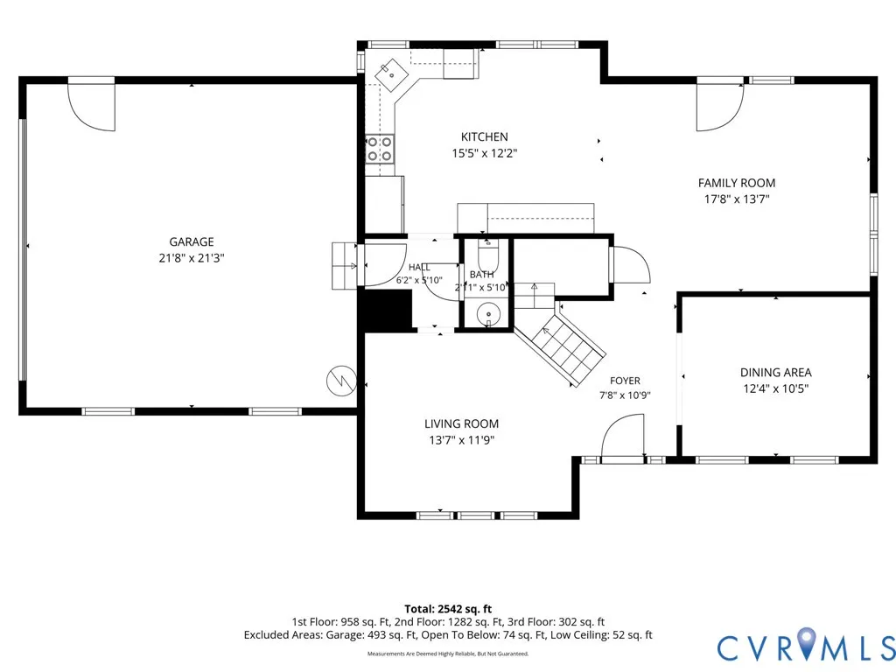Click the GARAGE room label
pyautogui.click(x=192, y=241)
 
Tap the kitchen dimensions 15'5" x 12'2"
pyautogui.click(x=485, y=153)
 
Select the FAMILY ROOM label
pyautogui.click(x=737, y=183)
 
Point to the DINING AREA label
pyautogui.click(x=775, y=373)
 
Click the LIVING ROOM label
pyautogui.click(x=461, y=424)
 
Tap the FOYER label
pyautogui.click(x=625, y=381)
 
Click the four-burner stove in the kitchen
pyautogui.click(x=380, y=149)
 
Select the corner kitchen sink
pyautogui.click(x=391, y=74)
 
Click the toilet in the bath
pyautogui.click(x=488, y=257)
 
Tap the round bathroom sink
pyautogui.click(x=488, y=314)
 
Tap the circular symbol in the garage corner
pyautogui.click(x=341, y=380)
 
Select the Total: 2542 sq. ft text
pyautogui.click(x=448, y=609)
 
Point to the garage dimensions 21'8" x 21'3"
pyautogui.click(x=192, y=258)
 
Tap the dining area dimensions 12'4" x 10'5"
pyautogui.click(x=775, y=389)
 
